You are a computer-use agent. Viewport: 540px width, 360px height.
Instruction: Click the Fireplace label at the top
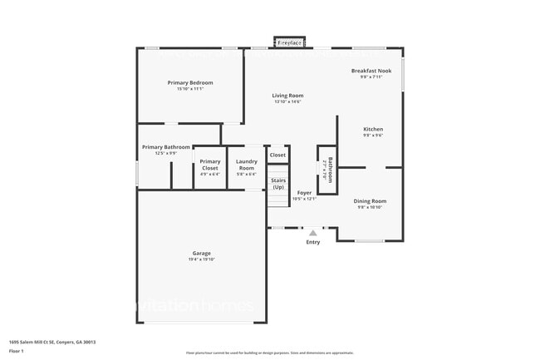[x=289, y=42]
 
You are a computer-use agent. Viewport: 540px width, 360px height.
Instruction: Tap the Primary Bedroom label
[x=189, y=82]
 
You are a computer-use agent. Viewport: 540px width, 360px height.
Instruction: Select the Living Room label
[x=287, y=96]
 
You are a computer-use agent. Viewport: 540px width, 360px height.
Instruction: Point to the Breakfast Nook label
[x=371, y=71]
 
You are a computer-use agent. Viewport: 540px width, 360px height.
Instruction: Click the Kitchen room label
[x=373, y=129]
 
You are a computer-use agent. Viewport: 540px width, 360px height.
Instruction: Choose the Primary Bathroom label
[x=166, y=147]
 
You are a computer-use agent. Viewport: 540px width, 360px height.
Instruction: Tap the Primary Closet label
[x=210, y=165]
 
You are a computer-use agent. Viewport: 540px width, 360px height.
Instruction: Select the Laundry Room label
[x=246, y=165]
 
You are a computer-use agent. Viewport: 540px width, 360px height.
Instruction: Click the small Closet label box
[x=277, y=155]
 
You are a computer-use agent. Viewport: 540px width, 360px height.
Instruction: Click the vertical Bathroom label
[x=330, y=170]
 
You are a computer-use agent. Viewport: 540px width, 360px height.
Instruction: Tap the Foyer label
[x=305, y=192]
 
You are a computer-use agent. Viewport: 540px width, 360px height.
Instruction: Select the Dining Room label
[x=370, y=200]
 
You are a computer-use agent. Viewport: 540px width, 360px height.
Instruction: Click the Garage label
[x=201, y=253]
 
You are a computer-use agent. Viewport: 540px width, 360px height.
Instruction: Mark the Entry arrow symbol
[x=313, y=234]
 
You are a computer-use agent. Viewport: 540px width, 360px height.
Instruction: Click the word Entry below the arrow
[x=313, y=242]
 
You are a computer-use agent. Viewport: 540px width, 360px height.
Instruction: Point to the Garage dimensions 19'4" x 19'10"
[x=201, y=259]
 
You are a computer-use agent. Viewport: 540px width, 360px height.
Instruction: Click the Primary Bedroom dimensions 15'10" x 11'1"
[x=189, y=89]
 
